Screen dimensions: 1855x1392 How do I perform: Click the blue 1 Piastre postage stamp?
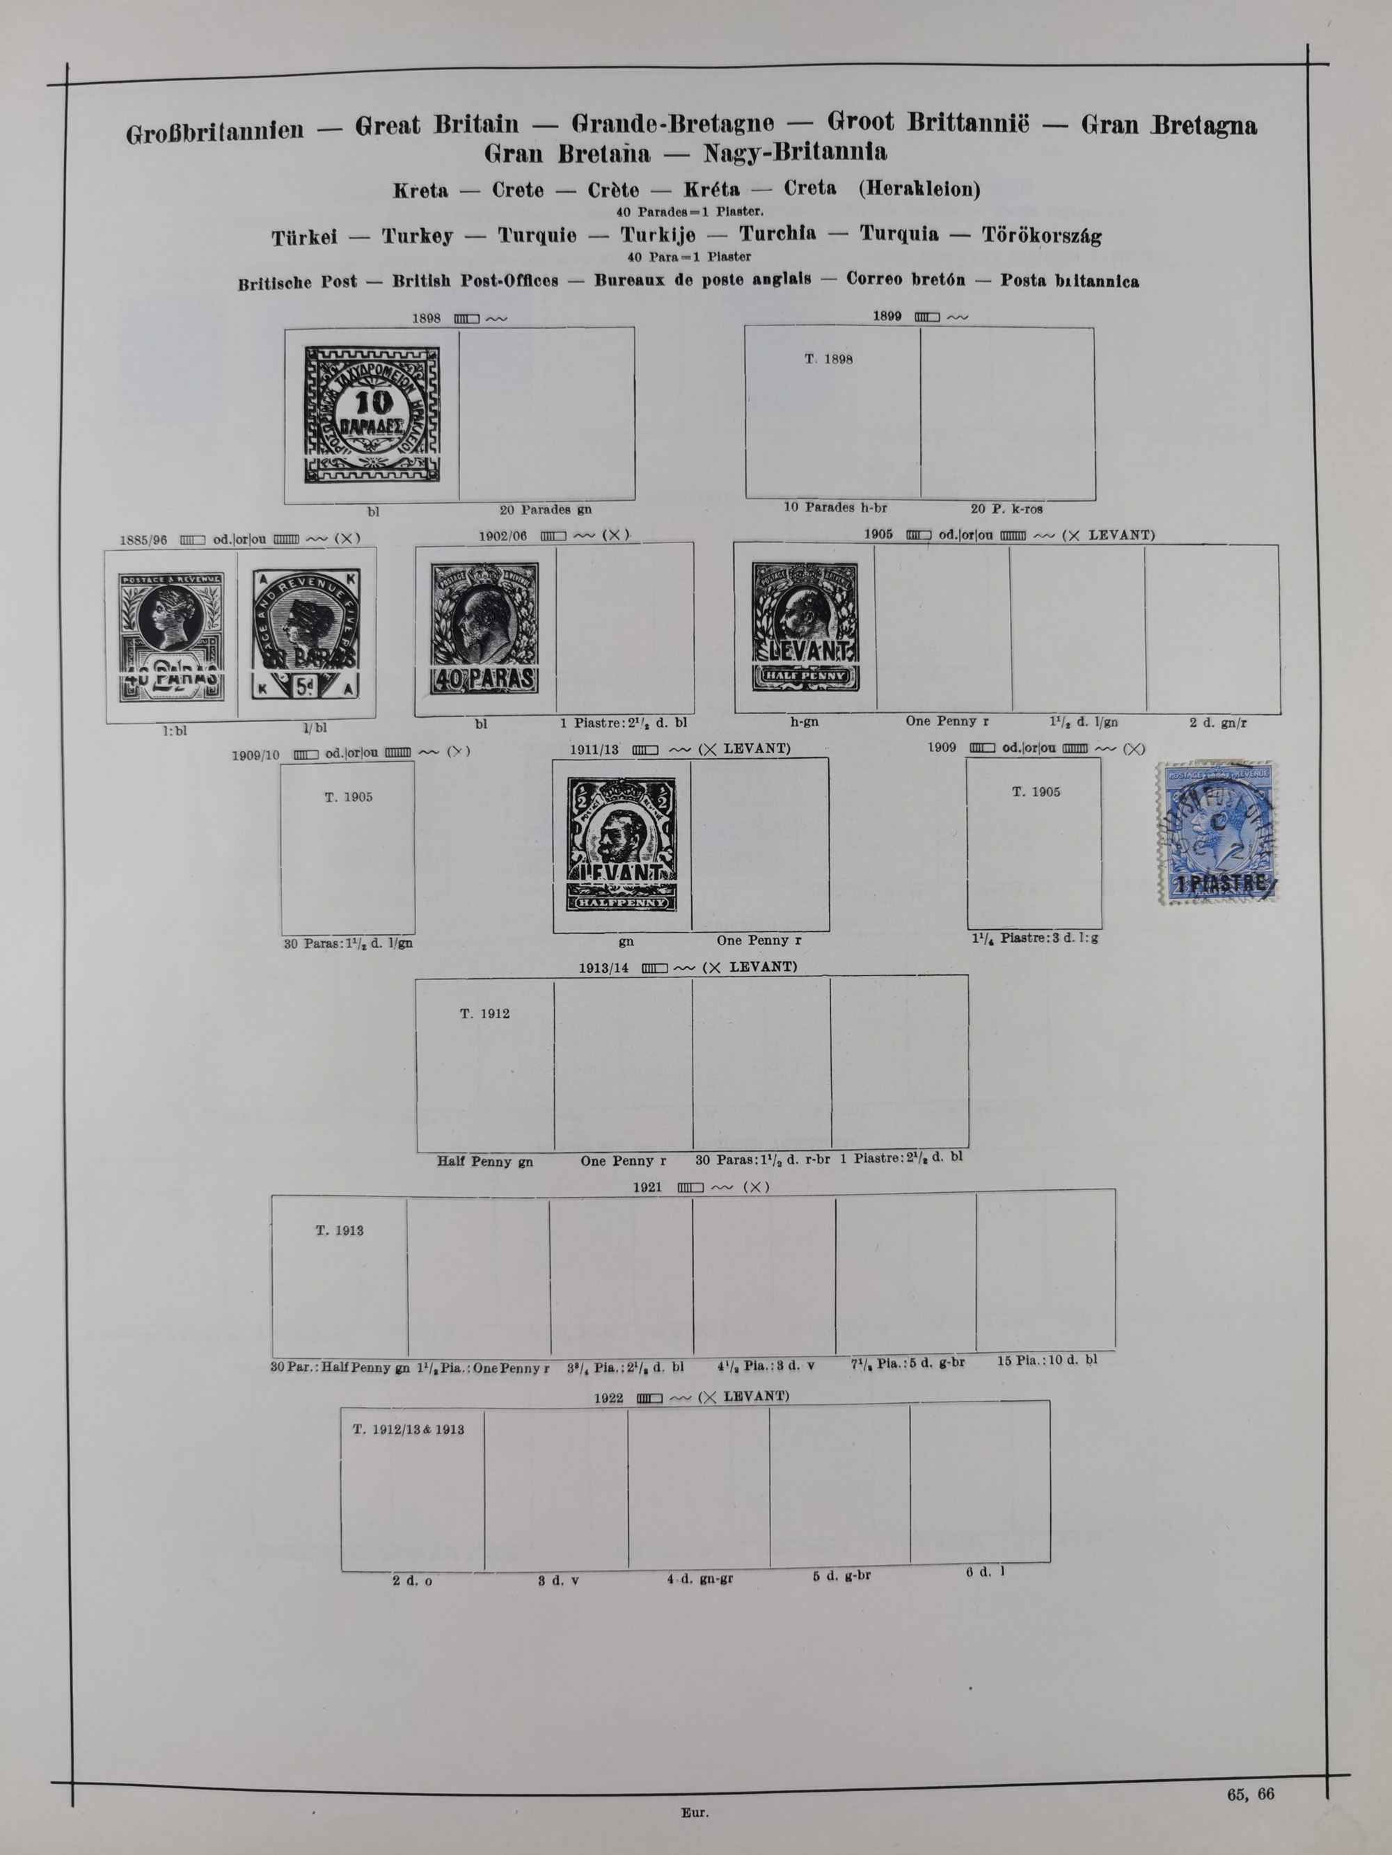(x=1217, y=833)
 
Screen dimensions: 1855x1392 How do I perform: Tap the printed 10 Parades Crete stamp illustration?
(x=372, y=415)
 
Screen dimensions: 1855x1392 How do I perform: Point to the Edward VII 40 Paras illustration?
(x=484, y=628)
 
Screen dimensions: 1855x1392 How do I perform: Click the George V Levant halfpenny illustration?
(x=622, y=844)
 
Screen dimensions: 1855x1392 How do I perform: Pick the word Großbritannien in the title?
(x=215, y=132)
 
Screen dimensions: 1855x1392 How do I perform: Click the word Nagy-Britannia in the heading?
(x=795, y=152)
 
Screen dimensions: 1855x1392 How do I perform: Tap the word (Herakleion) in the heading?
(x=919, y=188)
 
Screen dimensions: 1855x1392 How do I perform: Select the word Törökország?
(x=1041, y=235)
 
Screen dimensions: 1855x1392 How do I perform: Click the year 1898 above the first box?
(x=426, y=319)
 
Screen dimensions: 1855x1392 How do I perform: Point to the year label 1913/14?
(x=603, y=967)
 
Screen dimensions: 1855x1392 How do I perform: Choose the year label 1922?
(x=608, y=1398)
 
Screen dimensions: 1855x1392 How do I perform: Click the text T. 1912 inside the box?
(x=484, y=1014)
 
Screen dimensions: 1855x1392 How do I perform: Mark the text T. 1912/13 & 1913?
(x=408, y=1429)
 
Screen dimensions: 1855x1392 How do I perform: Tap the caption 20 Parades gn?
(x=546, y=509)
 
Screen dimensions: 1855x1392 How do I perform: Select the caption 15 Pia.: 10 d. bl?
(x=1046, y=1360)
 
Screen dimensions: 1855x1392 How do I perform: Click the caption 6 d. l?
(x=984, y=1571)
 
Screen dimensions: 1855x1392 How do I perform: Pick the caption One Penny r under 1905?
(x=947, y=721)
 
